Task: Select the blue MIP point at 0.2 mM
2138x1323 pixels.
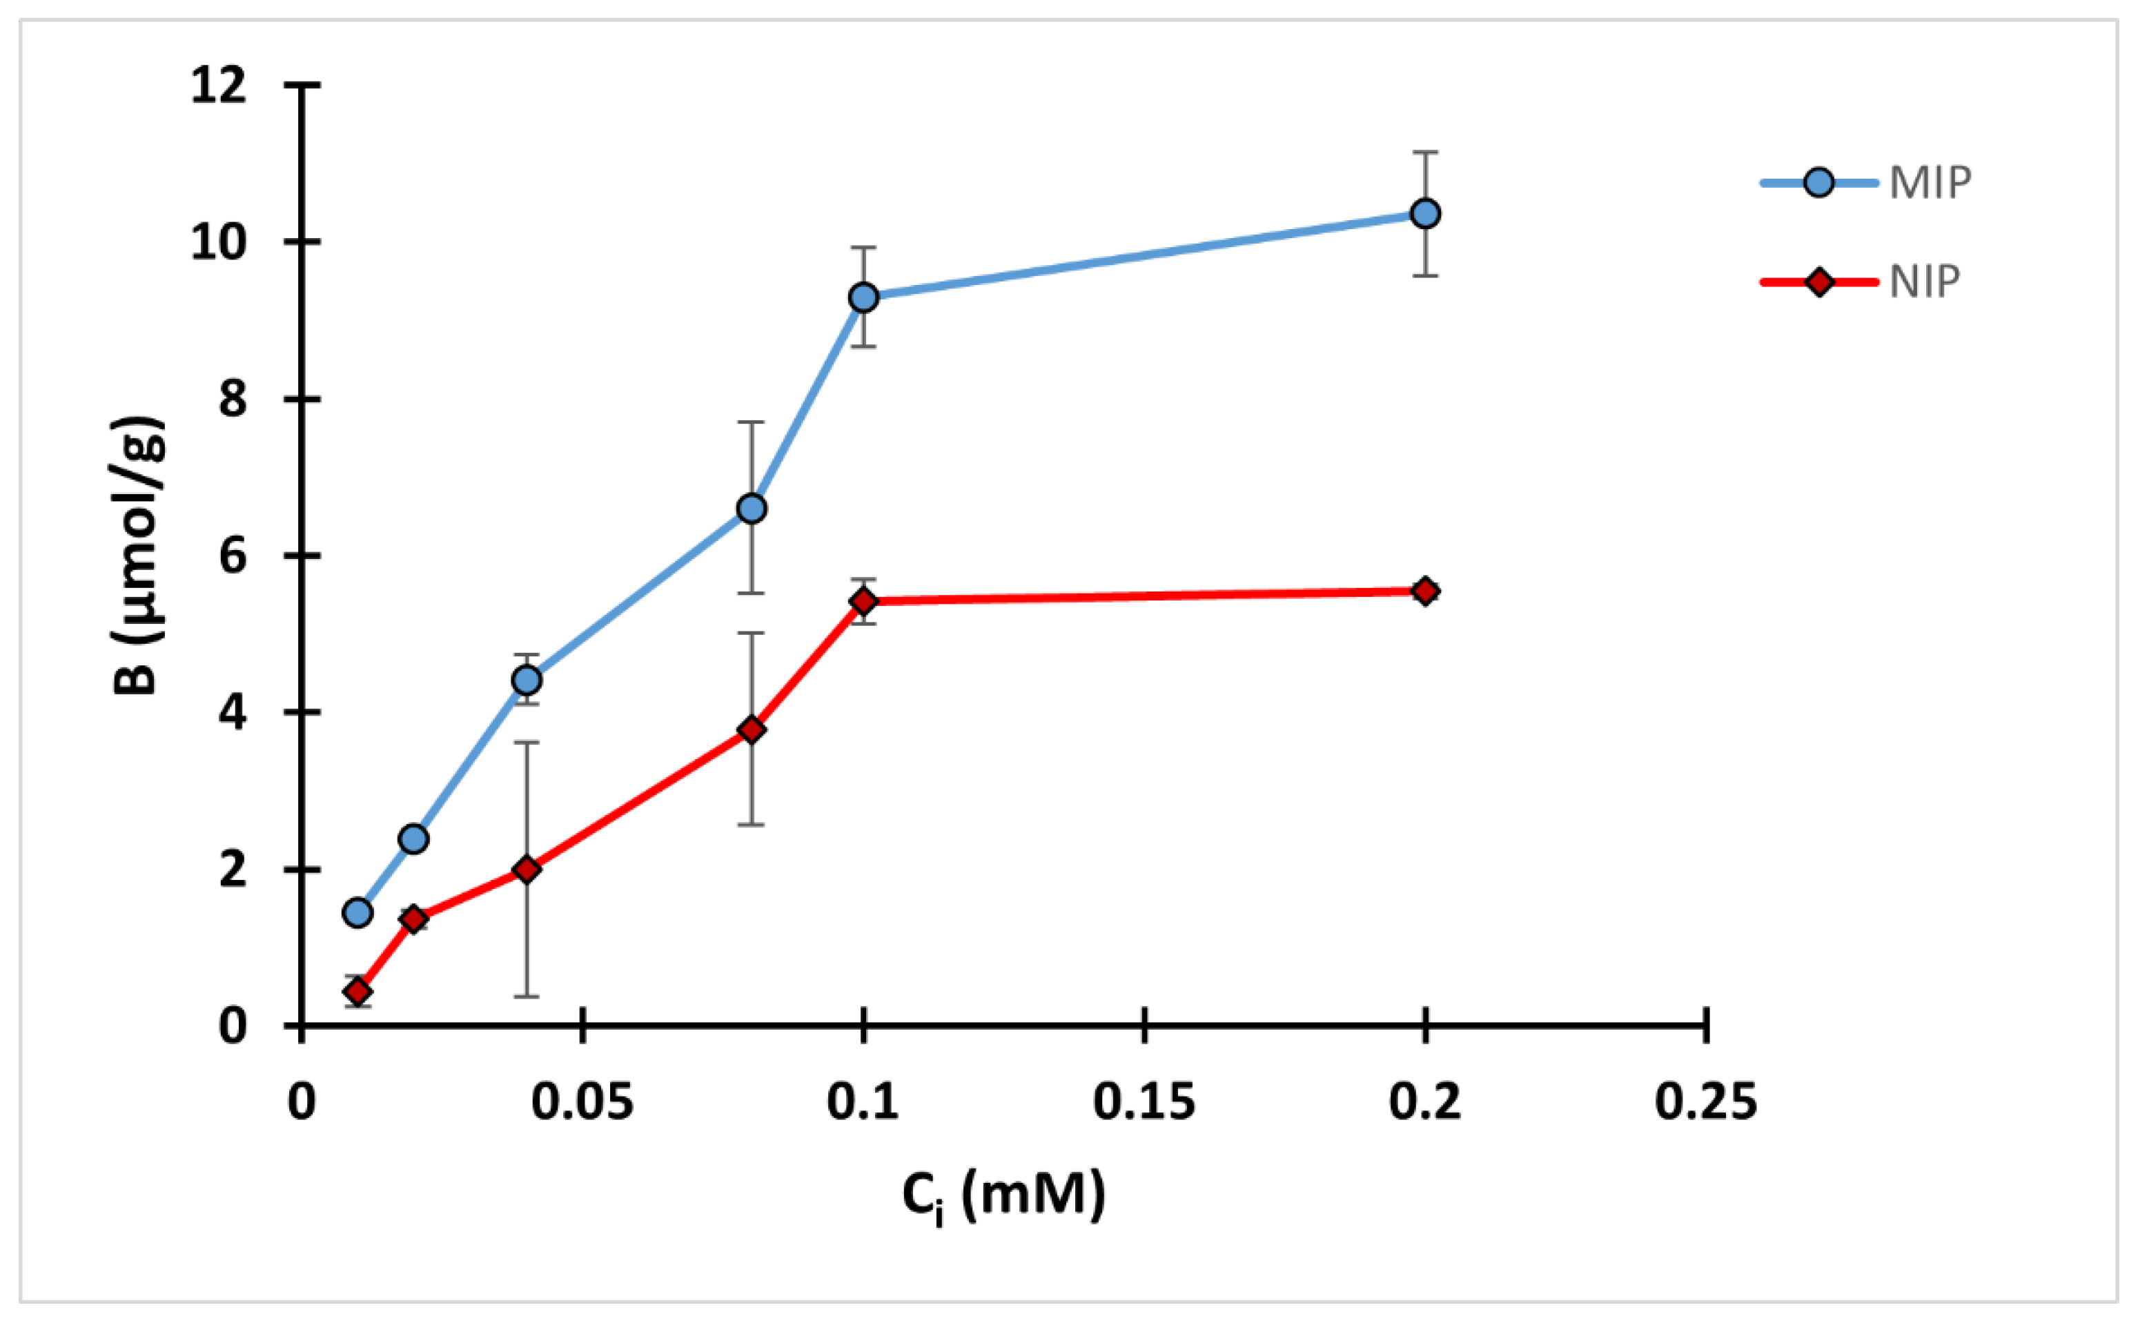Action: pos(1425,213)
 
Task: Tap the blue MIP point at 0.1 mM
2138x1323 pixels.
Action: pos(863,297)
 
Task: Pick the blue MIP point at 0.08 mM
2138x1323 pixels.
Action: pos(752,509)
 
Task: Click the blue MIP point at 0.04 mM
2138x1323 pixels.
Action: pos(527,679)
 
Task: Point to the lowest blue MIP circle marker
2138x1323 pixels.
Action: pos(357,912)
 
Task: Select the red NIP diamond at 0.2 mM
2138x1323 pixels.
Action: pos(1425,591)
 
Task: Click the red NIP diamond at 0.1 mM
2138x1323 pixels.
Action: pos(863,601)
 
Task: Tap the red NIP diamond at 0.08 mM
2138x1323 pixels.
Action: pos(752,729)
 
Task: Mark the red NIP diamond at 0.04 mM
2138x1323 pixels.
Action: pos(527,869)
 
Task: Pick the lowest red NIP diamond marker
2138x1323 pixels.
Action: pos(357,991)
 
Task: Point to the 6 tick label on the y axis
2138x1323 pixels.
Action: pos(233,556)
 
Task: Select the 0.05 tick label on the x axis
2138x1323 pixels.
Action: pos(582,1101)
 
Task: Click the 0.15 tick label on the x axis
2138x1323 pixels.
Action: pos(1144,1101)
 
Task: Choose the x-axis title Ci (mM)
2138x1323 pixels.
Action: pos(1003,1196)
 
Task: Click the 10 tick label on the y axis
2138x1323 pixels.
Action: pos(219,242)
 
